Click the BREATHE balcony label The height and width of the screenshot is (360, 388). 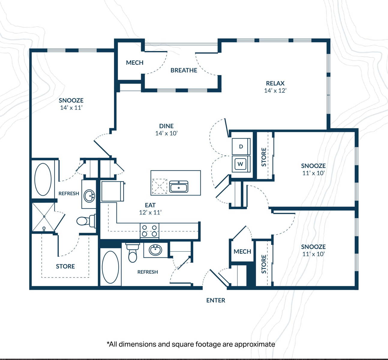(x=184, y=70)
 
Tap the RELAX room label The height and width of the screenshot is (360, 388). (x=275, y=83)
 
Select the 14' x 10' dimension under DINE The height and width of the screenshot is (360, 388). (x=166, y=133)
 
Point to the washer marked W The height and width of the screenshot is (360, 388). (x=241, y=164)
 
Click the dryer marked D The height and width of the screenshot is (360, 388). (x=241, y=147)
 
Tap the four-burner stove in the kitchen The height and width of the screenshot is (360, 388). (x=149, y=231)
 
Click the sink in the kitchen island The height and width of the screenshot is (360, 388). (x=179, y=187)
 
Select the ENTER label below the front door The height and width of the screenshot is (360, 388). (x=216, y=300)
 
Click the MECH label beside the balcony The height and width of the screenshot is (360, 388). (x=135, y=63)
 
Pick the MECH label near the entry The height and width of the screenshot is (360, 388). (x=242, y=251)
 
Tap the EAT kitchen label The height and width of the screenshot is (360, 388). (x=150, y=205)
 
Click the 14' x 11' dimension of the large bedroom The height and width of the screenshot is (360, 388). (x=71, y=108)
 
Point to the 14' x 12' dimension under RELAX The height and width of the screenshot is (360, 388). (x=275, y=91)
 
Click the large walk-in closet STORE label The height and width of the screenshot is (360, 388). (x=65, y=266)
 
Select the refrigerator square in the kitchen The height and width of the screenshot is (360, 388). (x=112, y=191)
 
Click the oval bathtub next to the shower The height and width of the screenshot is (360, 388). (x=43, y=179)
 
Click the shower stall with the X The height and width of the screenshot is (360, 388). (x=44, y=217)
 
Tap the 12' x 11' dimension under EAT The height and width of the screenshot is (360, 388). (x=150, y=212)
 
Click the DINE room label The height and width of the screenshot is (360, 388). (x=166, y=126)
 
